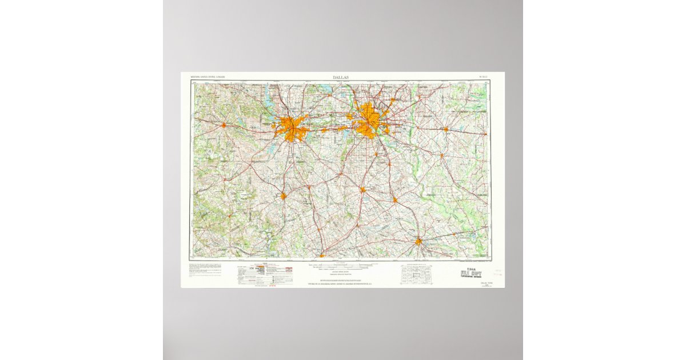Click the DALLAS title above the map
[341, 77]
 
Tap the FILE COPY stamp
[471, 273]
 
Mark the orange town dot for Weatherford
[224, 125]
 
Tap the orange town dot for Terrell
[445, 129]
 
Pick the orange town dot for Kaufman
[442, 154]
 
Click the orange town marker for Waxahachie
[362, 189]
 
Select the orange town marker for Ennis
[394, 200]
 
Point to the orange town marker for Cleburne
[283, 196]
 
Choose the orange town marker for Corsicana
[418, 241]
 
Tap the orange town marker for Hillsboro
[322, 255]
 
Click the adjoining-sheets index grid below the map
[417, 274]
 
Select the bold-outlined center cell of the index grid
[417, 274]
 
